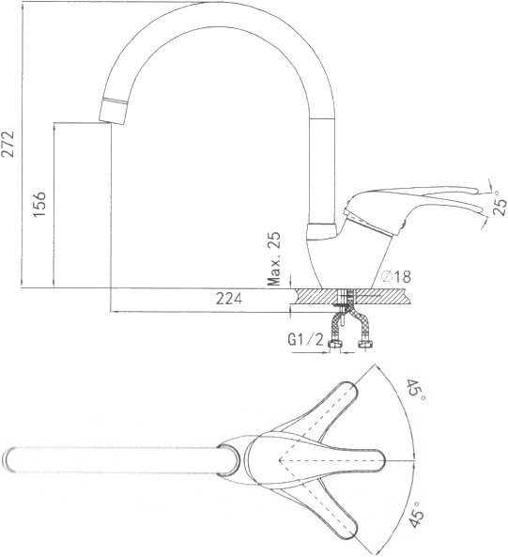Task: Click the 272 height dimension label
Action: tap(8, 145)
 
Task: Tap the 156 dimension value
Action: tap(39, 205)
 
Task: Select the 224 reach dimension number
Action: tap(229, 299)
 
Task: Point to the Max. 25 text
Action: tap(273, 259)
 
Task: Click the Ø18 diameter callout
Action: tap(396, 276)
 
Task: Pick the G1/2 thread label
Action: tap(306, 340)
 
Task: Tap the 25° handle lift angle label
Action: tap(500, 204)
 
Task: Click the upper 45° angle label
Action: tap(415, 391)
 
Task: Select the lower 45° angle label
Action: tap(415, 515)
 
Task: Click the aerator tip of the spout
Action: tap(113, 111)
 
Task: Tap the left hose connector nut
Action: tap(335, 344)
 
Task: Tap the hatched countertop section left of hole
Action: tap(315, 296)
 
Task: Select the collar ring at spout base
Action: tap(322, 231)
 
